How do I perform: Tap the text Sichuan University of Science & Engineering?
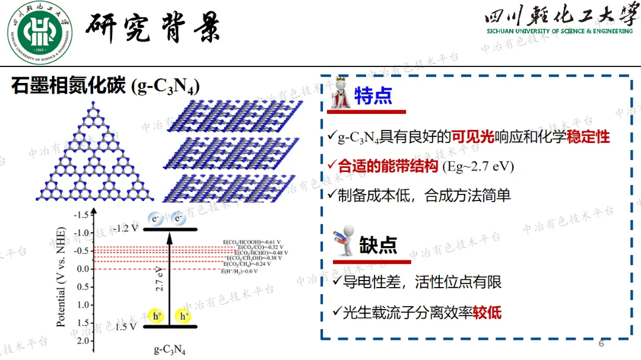[x=560, y=31]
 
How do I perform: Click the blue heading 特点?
[x=373, y=96]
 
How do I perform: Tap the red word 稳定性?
[x=588, y=138]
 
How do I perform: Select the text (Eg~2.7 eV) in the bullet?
[x=478, y=166]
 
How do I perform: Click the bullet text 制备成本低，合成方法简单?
[x=424, y=195]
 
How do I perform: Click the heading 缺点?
[x=378, y=245]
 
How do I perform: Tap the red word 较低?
[x=487, y=312]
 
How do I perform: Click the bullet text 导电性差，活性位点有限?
[x=422, y=282]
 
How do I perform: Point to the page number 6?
[x=601, y=344]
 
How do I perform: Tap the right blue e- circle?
[x=177, y=219]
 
